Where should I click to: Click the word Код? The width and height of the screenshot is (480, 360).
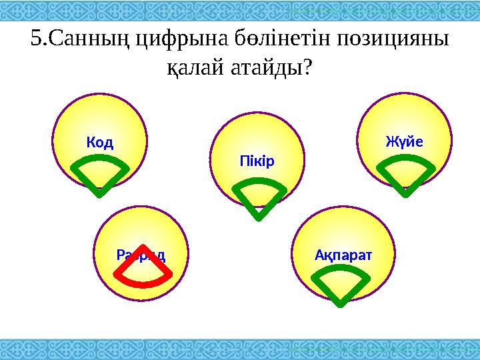click(100, 142)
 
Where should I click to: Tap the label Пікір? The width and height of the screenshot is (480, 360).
click(257, 161)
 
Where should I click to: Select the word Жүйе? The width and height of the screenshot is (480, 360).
click(405, 141)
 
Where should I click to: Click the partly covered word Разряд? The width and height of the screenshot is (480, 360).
click(141, 255)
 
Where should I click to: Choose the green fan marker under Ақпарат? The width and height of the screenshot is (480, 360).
click(340, 284)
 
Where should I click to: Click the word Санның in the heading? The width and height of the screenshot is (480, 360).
click(91, 38)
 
